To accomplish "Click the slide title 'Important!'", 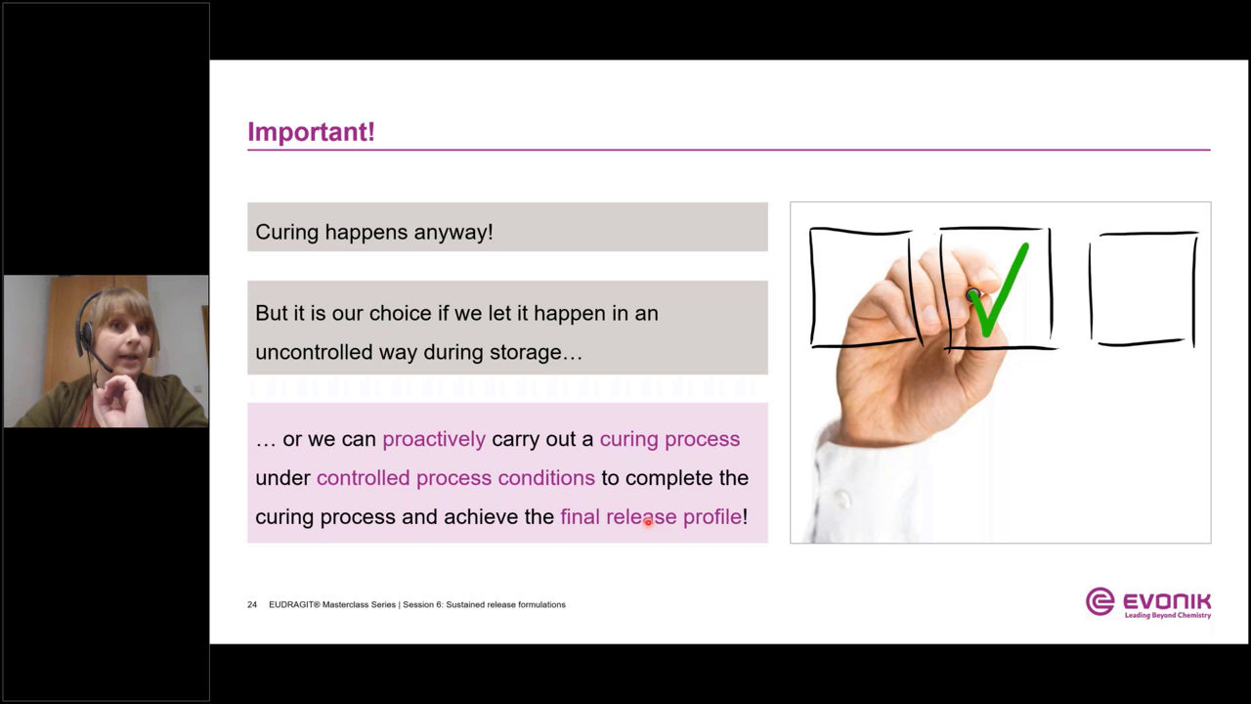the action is [x=311, y=132].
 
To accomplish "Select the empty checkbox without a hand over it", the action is [x=1143, y=289].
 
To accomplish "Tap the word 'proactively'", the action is [x=434, y=440].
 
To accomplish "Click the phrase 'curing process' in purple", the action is [x=669, y=440].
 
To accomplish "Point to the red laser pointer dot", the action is [x=648, y=523].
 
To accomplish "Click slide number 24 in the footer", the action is [x=252, y=604].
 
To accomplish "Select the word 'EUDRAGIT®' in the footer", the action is [x=294, y=604].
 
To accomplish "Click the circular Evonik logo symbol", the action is [x=1100, y=601].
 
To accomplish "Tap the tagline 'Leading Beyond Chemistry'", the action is [x=1168, y=616].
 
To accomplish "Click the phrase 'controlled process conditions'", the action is [x=455, y=478].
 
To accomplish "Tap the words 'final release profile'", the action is [x=651, y=517].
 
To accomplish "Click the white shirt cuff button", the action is [x=841, y=499].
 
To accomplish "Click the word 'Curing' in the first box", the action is [x=287, y=233].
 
